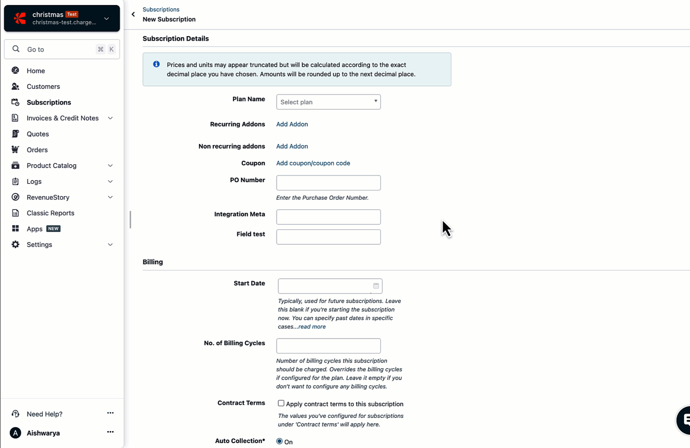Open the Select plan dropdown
tap(328, 102)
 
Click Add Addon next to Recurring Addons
tap(292, 124)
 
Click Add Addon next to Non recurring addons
tap(292, 146)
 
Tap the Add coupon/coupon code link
tap(313, 163)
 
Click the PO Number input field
tap(328, 183)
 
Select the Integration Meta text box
tap(328, 217)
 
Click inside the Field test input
tap(328, 237)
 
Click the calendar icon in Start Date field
tap(376, 286)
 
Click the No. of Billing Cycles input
tap(328, 346)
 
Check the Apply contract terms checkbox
tap(281, 403)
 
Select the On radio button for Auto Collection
tap(280, 441)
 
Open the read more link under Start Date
tap(312, 327)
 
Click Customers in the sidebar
tap(43, 87)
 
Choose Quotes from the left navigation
tap(38, 134)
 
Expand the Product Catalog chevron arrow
tap(110, 166)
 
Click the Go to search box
tap(58, 49)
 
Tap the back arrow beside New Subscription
tap(133, 15)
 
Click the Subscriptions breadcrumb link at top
tap(161, 10)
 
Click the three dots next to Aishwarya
tap(110, 432)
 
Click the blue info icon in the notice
tap(156, 64)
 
